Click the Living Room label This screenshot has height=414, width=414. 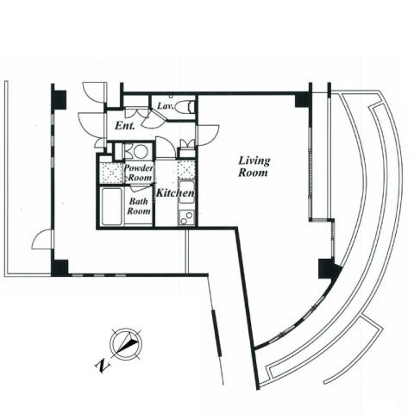254,166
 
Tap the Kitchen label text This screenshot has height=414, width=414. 175,192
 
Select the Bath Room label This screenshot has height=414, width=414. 139,206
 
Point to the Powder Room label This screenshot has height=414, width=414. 139,172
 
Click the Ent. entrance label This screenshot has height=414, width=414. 125,126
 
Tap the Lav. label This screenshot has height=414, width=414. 166,106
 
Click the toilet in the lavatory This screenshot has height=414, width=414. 185,107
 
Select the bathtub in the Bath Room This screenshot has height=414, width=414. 111,206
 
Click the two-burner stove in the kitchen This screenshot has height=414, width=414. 186,217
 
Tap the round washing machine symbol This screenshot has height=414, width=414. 141,151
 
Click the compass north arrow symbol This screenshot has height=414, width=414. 126,344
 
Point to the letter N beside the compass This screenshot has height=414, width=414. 103,366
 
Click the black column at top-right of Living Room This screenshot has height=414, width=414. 304,100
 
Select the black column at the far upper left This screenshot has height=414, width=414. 60,100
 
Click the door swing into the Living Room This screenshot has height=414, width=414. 208,135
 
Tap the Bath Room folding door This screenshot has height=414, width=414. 140,187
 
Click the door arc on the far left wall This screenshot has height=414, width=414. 42,240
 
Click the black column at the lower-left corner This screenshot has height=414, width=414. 60,267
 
